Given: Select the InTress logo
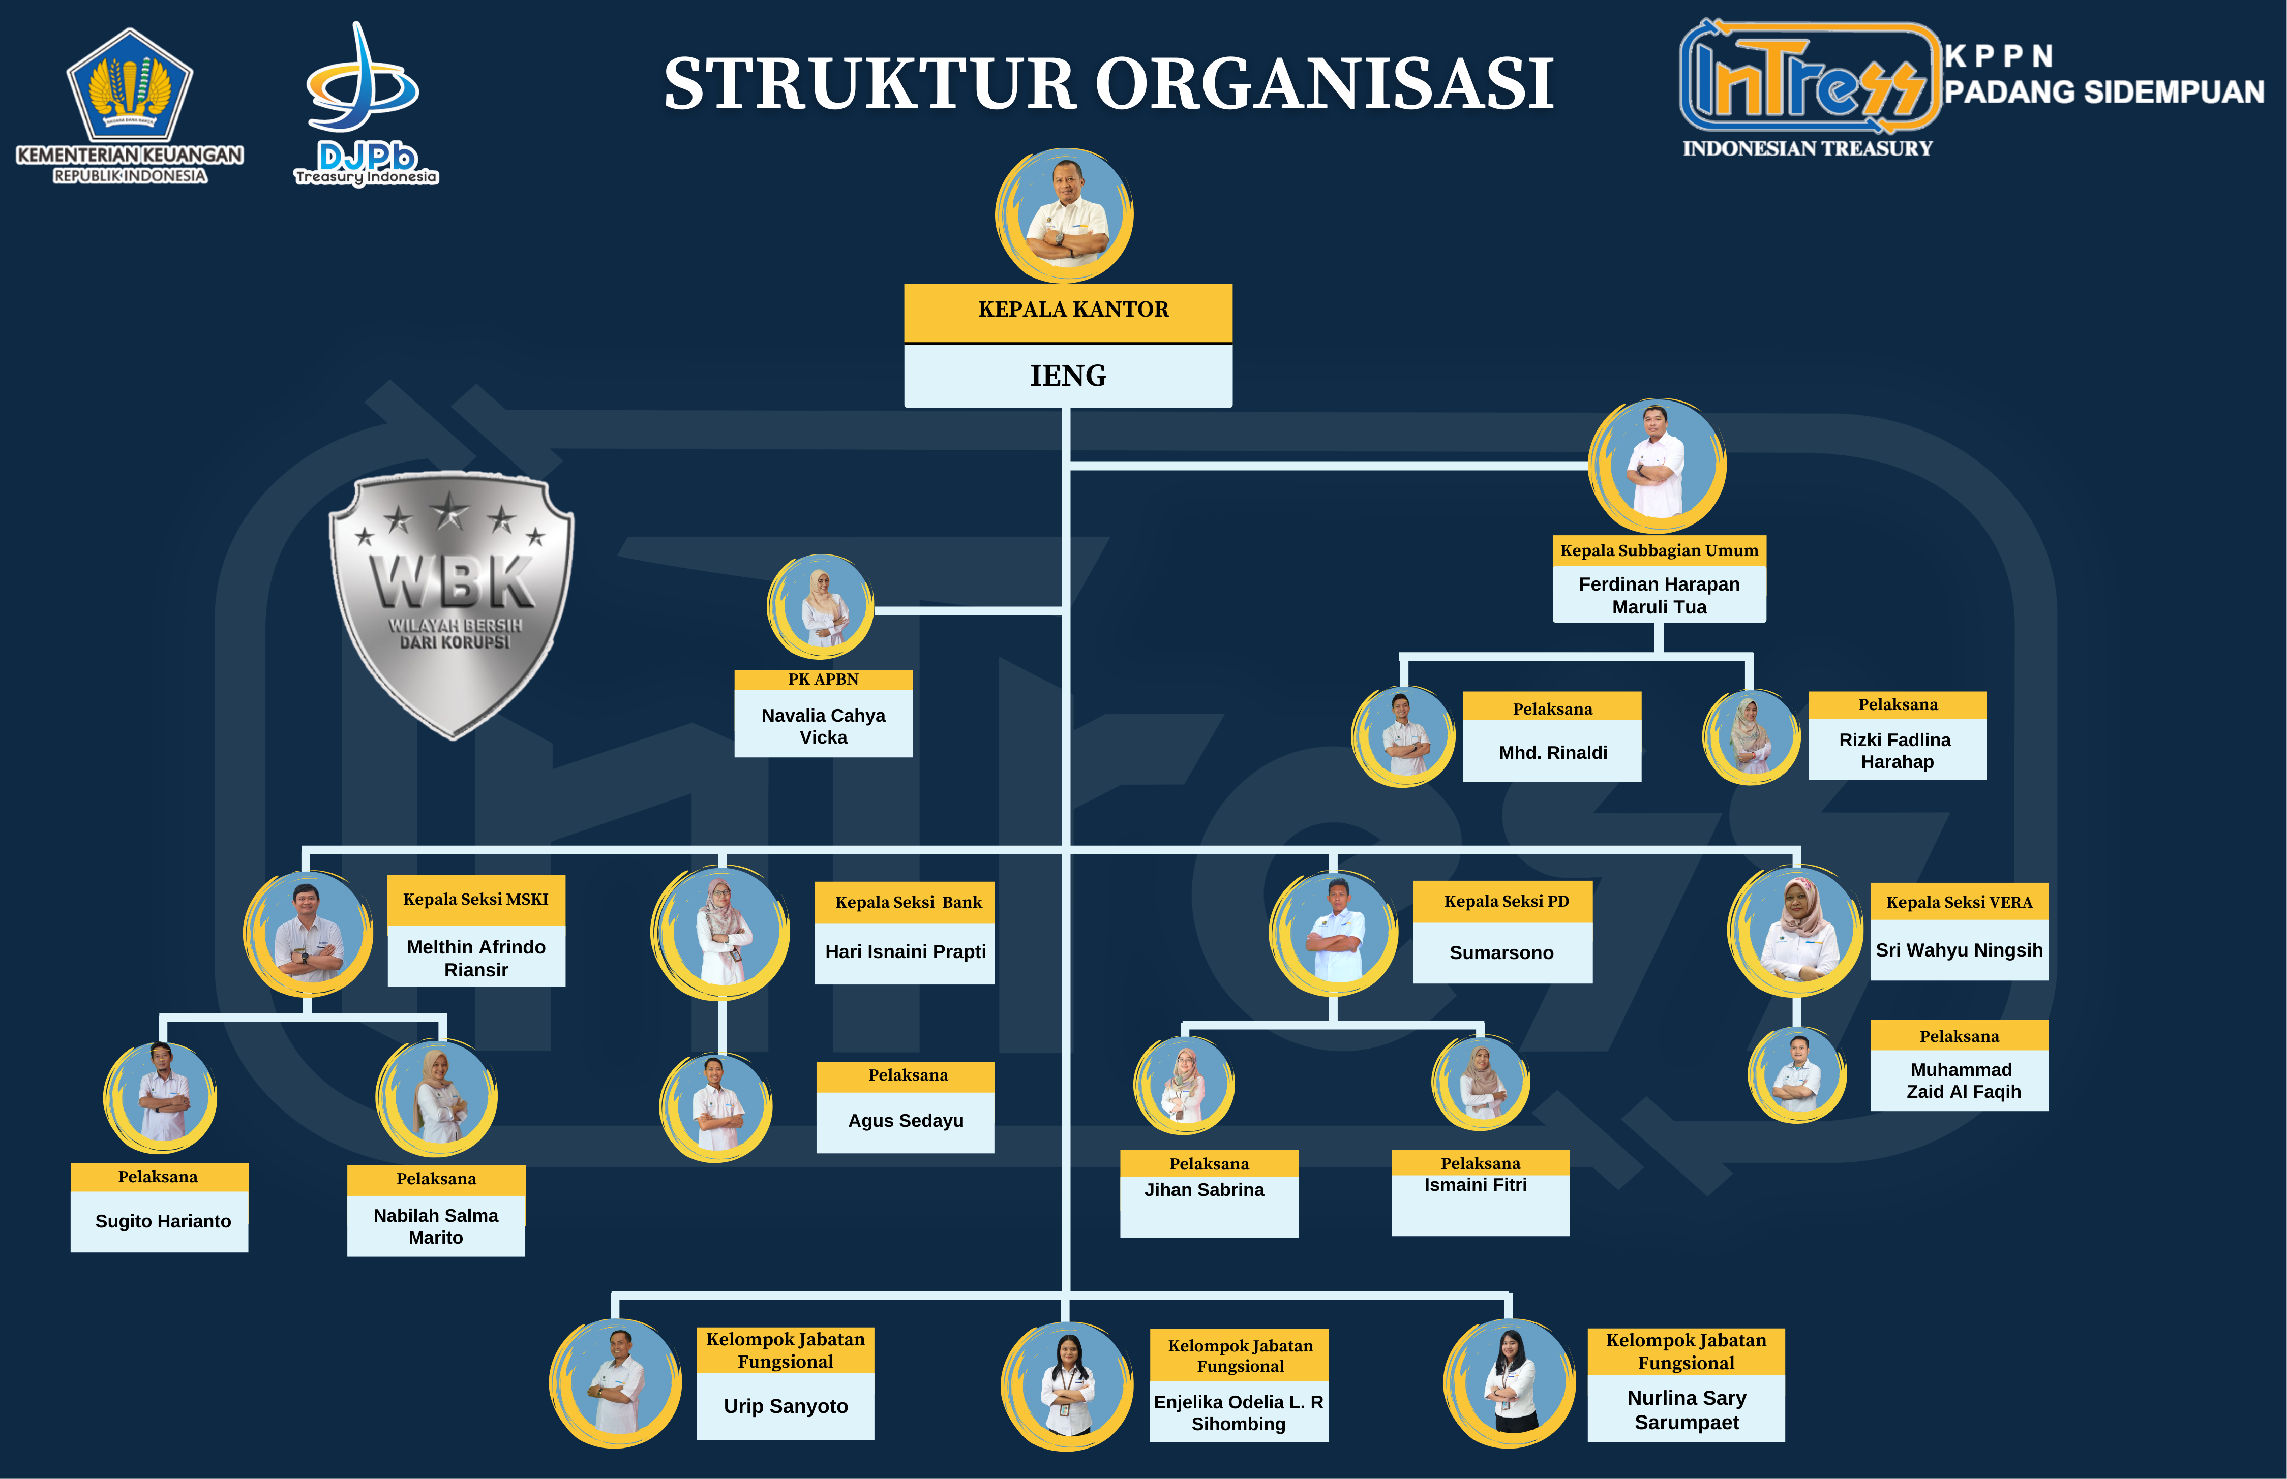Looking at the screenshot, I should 1806,82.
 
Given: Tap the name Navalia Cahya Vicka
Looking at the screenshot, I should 823,726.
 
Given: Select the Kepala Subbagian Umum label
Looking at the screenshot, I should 1659,550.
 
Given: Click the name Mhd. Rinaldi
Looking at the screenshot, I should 1552,752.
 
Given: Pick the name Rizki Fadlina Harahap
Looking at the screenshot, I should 1896,750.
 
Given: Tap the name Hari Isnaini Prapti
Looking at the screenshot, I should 905,952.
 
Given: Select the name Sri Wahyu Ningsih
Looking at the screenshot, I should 1959,950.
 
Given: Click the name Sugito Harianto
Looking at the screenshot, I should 162,1221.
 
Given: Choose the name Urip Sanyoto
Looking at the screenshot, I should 785,1406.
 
